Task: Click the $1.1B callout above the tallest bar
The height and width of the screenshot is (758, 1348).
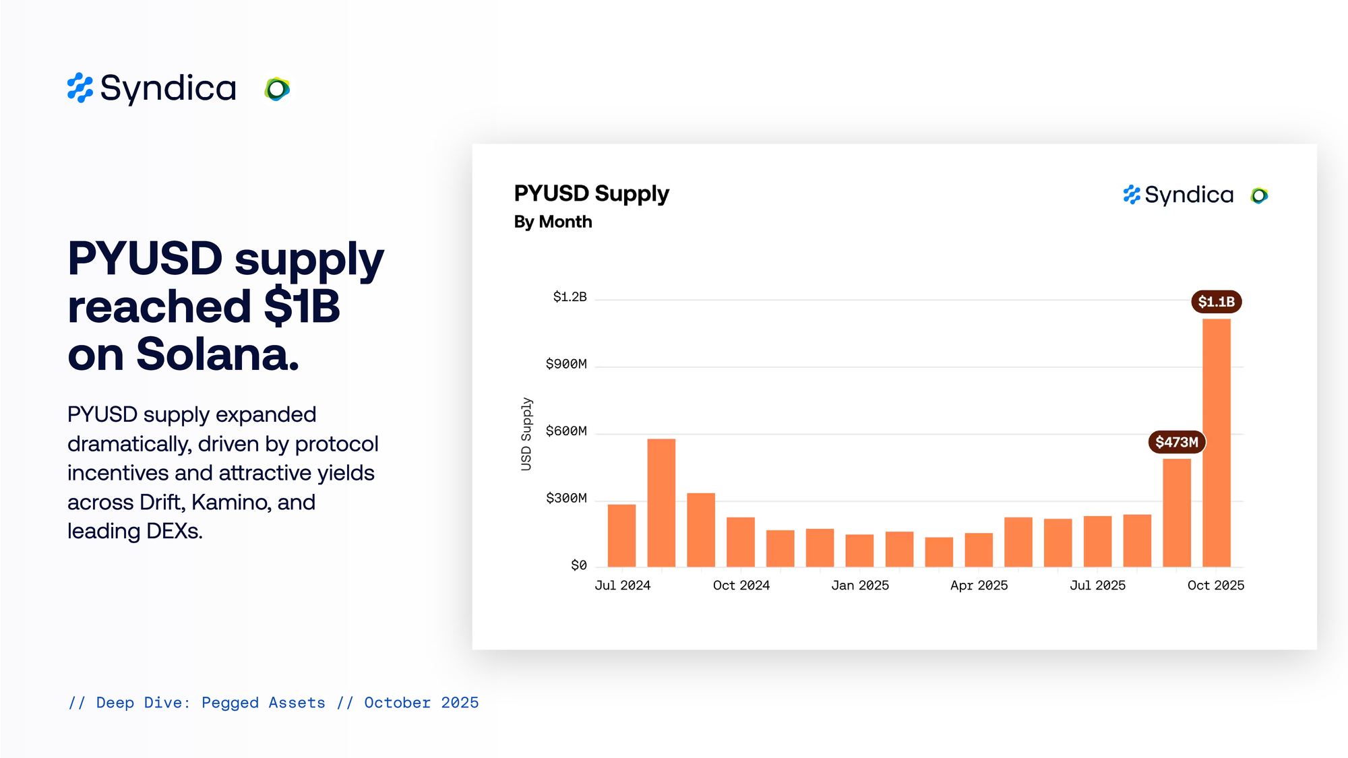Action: point(1216,301)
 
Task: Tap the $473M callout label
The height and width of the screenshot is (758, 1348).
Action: point(1177,442)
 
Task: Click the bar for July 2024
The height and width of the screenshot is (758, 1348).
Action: point(621,536)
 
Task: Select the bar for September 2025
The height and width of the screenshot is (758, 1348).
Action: point(1177,513)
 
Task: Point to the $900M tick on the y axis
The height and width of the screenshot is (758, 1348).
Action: point(566,364)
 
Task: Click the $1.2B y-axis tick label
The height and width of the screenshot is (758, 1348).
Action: point(570,296)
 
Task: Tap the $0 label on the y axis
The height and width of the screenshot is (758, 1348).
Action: point(578,565)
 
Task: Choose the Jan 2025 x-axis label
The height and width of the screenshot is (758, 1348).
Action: point(860,586)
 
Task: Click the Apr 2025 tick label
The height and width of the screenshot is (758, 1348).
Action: point(979,586)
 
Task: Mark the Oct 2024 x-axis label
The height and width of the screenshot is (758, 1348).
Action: point(741,586)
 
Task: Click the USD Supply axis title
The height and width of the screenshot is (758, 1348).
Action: point(526,434)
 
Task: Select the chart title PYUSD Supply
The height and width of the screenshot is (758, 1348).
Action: point(591,193)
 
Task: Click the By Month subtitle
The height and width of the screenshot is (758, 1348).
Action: point(553,222)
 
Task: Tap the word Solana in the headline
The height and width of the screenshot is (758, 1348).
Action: point(217,354)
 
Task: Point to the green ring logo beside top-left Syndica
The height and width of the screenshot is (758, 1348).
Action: point(277,89)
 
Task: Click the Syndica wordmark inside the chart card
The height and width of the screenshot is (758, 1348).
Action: point(1188,195)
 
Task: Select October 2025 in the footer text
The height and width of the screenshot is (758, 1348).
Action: point(421,703)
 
